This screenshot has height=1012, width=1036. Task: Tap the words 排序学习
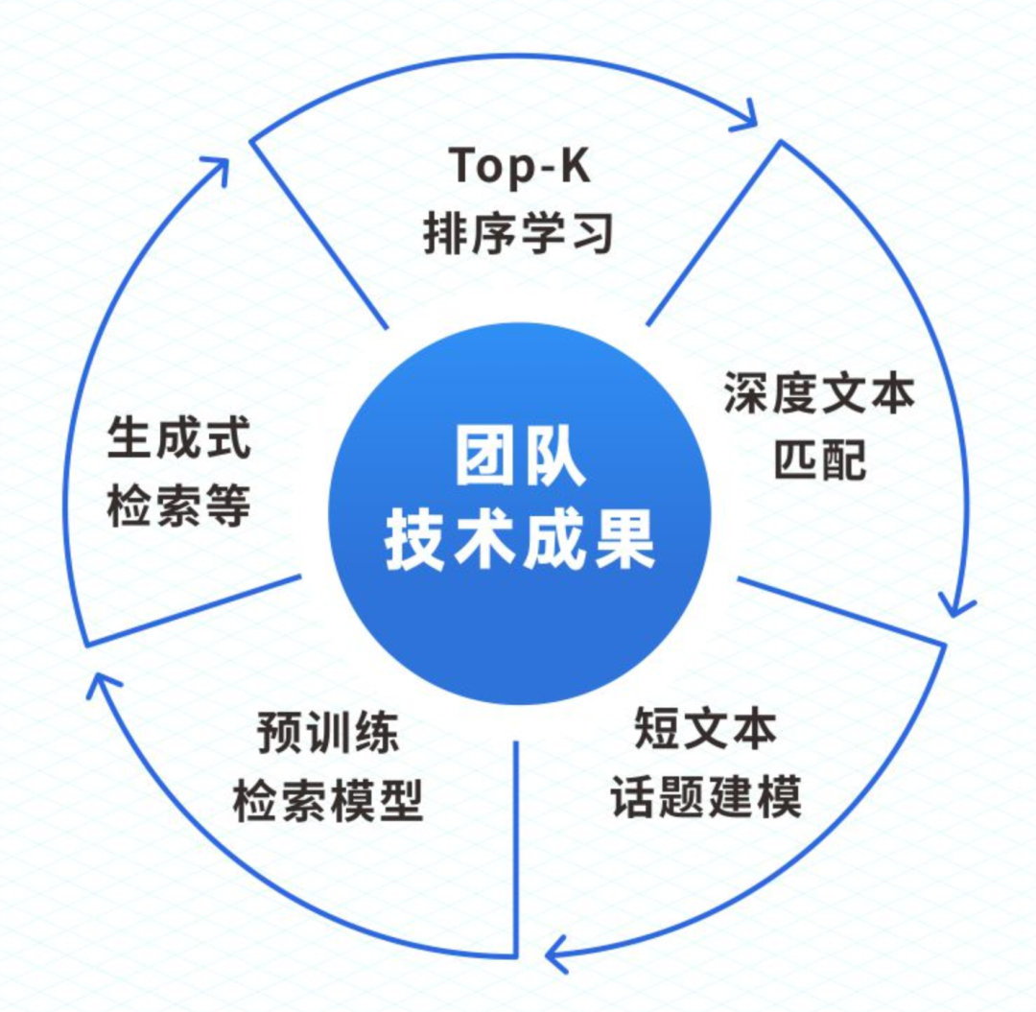pos(518,233)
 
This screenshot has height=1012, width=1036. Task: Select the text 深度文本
pos(818,393)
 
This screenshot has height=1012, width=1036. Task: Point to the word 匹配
pos(818,459)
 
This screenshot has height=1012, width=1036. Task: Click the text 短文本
pos(705,732)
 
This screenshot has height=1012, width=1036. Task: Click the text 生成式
pos(178,439)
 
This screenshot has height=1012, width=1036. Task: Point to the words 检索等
pos(178,506)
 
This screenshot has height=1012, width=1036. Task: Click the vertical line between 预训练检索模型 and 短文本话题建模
pos(517,844)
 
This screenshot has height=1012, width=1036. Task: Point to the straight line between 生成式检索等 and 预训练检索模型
pos(192,610)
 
